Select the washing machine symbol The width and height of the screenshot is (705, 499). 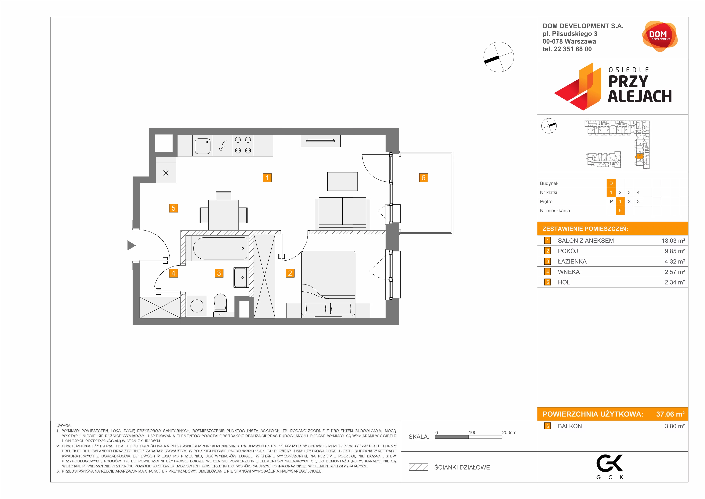tap(197, 306)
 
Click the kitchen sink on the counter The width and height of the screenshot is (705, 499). tap(203, 146)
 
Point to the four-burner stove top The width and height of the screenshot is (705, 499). tap(243, 145)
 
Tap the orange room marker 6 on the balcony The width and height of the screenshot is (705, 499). tap(423, 178)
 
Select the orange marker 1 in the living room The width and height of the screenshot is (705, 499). tap(267, 178)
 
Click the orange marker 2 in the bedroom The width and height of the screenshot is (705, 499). tap(290, 273)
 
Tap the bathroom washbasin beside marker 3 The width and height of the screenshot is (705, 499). tap(240, 277)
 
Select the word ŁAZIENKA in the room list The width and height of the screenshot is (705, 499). tap(572, 261)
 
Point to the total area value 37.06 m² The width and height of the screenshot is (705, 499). tap(670, 414)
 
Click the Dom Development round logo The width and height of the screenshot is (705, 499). tap(659, 36)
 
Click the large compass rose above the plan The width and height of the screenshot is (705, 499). tap(499, 57)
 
